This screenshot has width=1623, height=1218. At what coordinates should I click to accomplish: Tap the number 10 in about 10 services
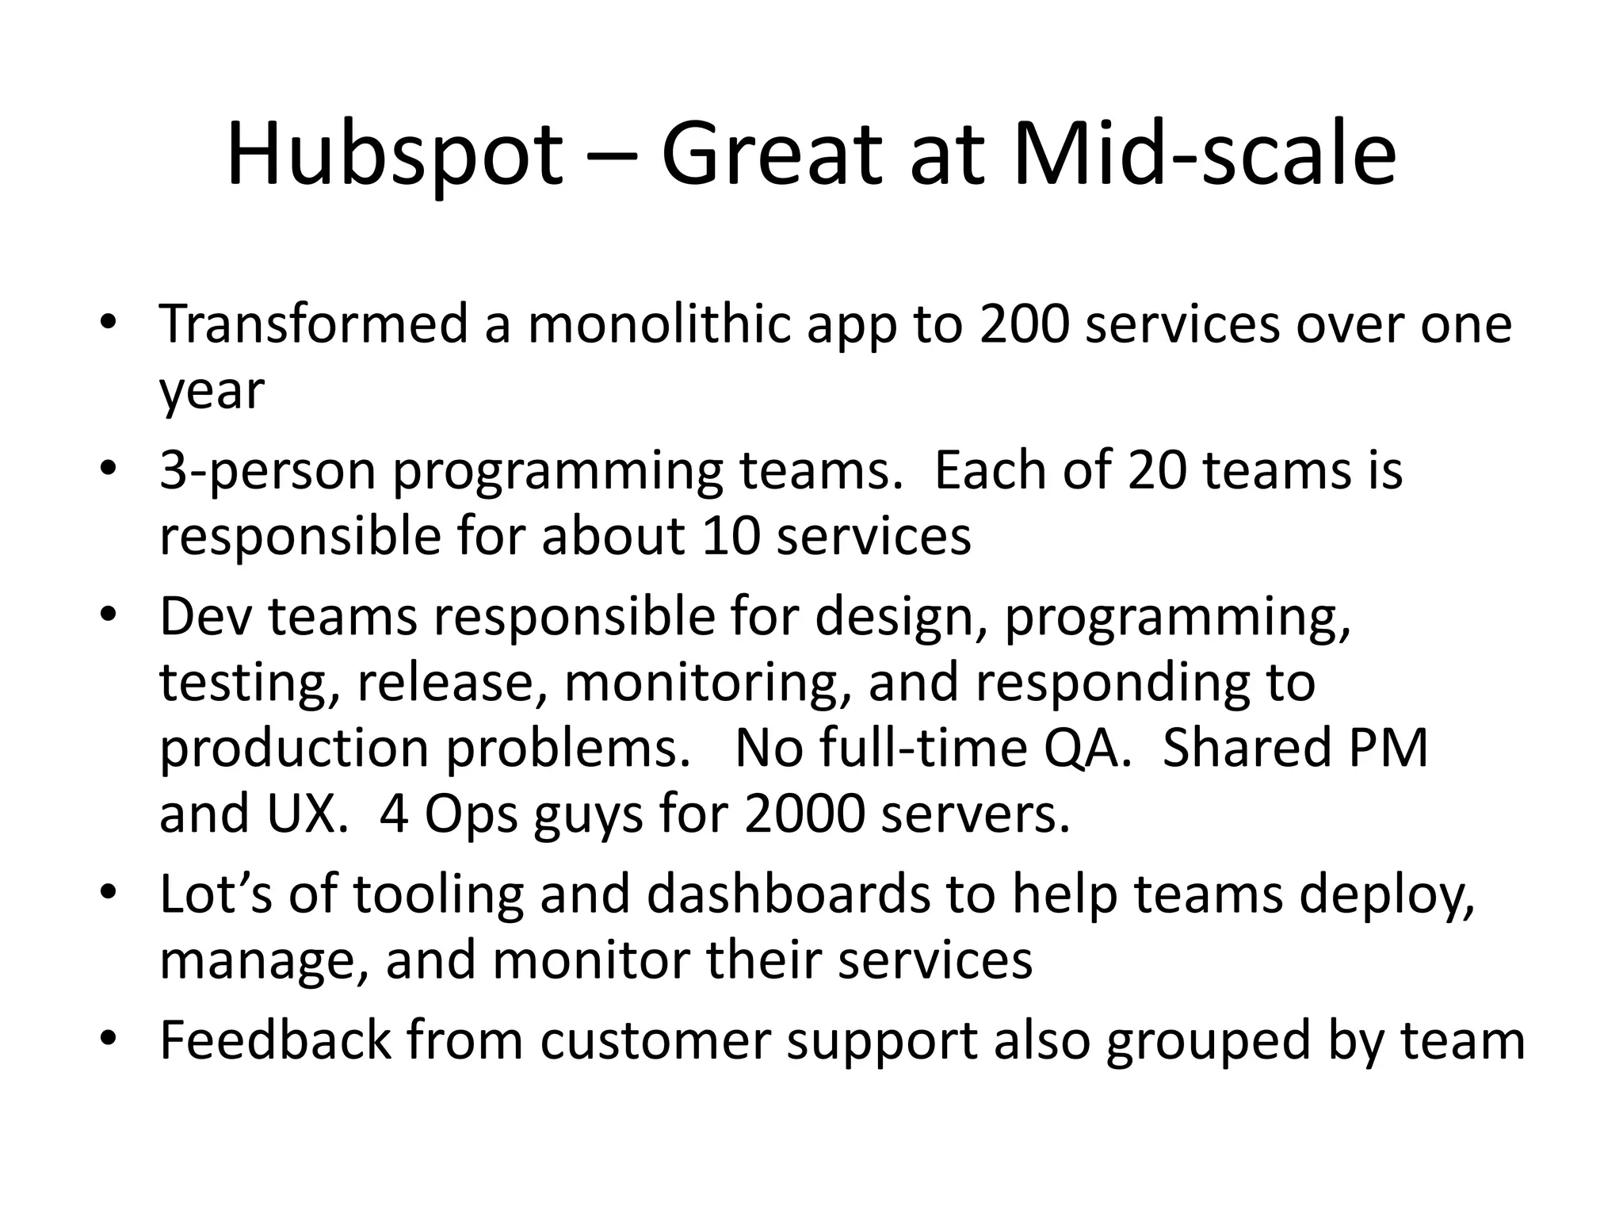pyautogui.click(x=731, y=537)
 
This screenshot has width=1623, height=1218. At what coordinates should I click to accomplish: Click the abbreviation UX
pyautogui.click(x=301, y=814)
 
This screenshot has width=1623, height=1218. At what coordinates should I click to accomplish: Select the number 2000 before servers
pyautogui.click(x=804, y=814)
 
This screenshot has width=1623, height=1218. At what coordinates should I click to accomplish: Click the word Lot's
pyautogui.click(x=216, y=894)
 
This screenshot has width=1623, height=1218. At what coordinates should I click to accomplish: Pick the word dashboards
pyautogui.click(x=789, y=894)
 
